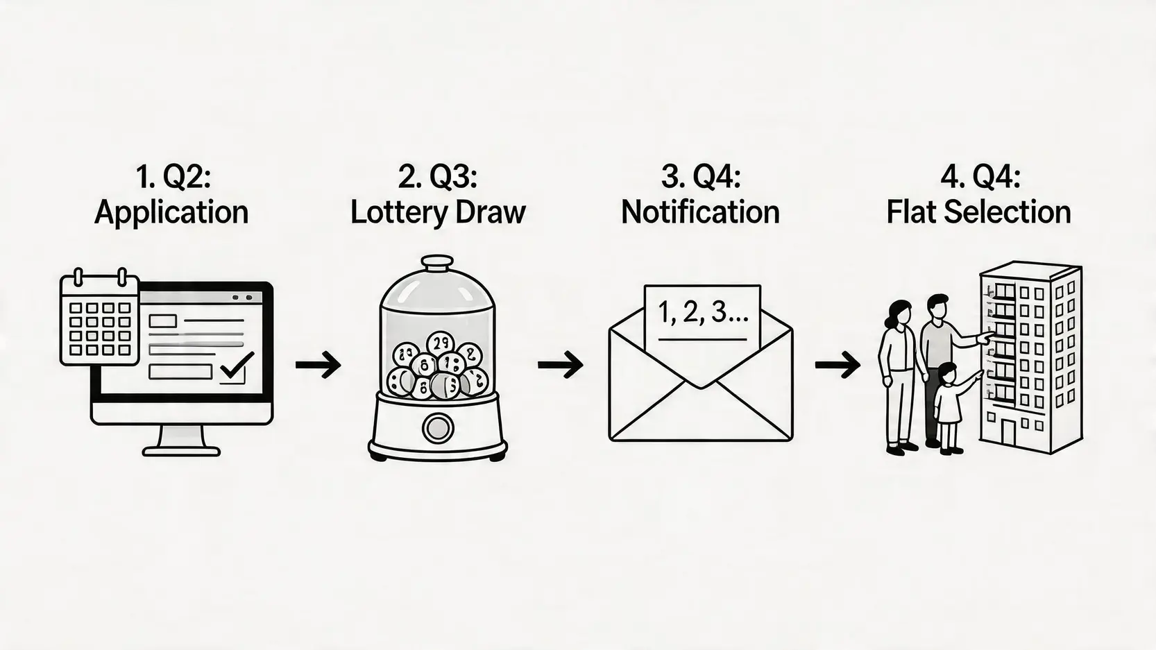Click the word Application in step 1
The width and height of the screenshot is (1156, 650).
click(x=171, y=213)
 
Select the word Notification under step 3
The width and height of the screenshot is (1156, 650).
click(x=700, y=212)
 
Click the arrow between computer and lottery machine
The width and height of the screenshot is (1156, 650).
click(x=318, y=365)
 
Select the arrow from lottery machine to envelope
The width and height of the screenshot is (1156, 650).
click(x=561, y=365)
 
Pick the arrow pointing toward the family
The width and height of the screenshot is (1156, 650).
click(x=838, y=365)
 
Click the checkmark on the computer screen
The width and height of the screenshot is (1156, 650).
click(x=237, y=365)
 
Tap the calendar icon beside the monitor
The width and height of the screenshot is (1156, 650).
click(x=100, y=316)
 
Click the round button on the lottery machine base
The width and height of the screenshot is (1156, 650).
click(x=438, y=427)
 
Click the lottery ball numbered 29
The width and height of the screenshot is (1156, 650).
click(x=440, y=344)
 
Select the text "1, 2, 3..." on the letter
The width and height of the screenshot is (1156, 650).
click(x=702, y=313)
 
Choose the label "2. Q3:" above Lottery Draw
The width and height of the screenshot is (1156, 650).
click(x=438, y=178)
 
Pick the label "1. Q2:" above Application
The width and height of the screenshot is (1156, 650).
click(x=173, y=178)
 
